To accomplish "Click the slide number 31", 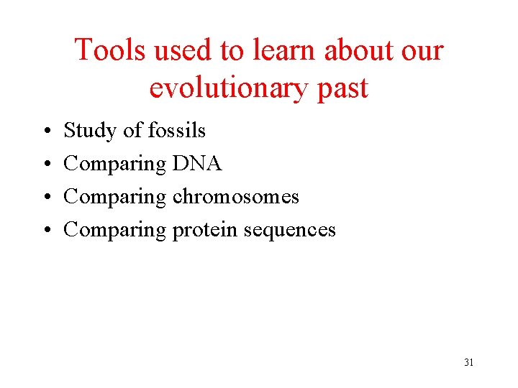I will coord(468,362).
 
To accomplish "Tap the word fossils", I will coord(176,130).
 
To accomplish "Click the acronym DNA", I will coord(197,164).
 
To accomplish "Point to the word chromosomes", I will coord(235,197).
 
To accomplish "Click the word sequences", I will coord(289,231).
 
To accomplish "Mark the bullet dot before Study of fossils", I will coord(45,131).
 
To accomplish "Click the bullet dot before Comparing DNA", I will coord(45,165).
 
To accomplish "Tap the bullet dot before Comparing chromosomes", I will coord(45,198).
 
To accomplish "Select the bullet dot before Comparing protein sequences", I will coord(45,231).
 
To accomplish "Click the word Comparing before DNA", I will coord(114,165).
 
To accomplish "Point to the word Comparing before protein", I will coord(114,231).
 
